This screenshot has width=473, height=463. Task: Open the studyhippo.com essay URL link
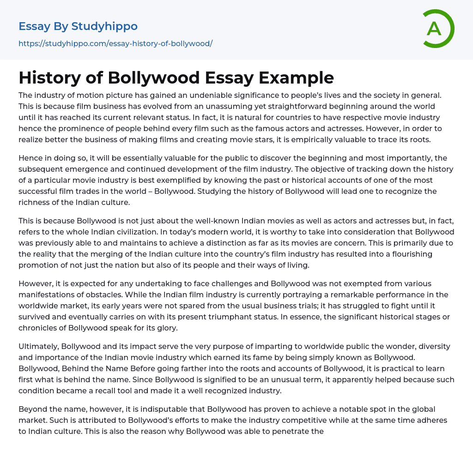115,43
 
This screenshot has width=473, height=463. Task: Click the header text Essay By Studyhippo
78,26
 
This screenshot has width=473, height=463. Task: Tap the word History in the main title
51,78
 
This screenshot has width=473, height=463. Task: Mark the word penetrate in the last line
300,432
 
